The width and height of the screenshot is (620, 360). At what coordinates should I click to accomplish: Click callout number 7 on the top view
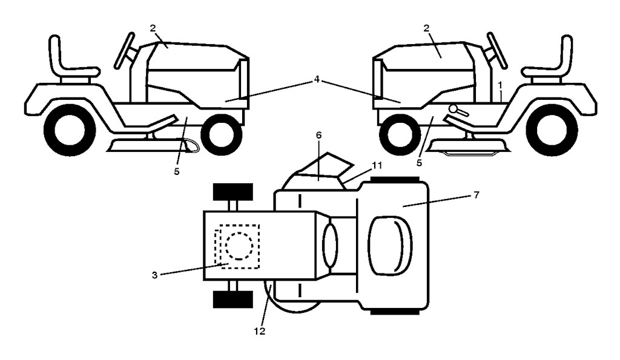tap(476, 195)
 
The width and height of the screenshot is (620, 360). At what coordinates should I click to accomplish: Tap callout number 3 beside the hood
tap(154, 275)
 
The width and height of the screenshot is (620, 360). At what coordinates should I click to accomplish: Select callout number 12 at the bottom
tap(259, 331)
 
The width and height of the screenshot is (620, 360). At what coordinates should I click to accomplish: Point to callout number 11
tap(377, 166)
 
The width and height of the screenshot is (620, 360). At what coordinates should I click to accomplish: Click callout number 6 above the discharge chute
tap(318, 135)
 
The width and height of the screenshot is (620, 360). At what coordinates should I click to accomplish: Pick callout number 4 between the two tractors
tap(316, 79)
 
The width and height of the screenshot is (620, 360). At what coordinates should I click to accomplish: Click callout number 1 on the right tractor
tap(500, 85)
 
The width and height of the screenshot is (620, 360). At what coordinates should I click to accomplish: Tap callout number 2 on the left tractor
tap(153, 28)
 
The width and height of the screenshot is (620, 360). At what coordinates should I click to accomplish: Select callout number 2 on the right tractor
tap(426, 28)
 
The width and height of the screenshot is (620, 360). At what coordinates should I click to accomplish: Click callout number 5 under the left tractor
tap(176, 171)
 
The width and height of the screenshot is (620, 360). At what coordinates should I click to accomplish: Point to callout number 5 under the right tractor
tap(419, 162)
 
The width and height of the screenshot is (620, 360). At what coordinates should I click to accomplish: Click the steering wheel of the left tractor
tap(124, 51)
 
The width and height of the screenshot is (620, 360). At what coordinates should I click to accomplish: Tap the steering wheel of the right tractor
tap(498, 51)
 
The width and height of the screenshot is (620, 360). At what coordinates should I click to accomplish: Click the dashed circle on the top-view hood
tap(239, 246)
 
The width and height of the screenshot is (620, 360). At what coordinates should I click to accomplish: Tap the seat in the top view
tap(390, 246)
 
